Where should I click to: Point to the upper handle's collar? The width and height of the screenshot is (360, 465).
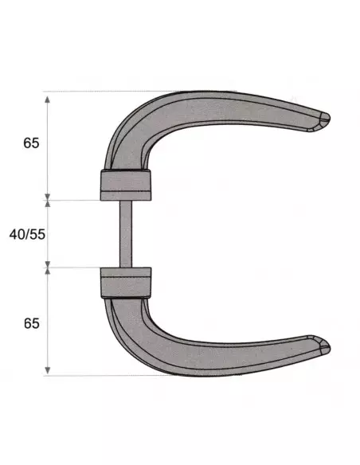124,184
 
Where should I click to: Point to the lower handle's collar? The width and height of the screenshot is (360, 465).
124,283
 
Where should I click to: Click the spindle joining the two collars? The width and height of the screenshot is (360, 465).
125,233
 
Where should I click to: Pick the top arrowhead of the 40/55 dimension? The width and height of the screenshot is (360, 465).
49,205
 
